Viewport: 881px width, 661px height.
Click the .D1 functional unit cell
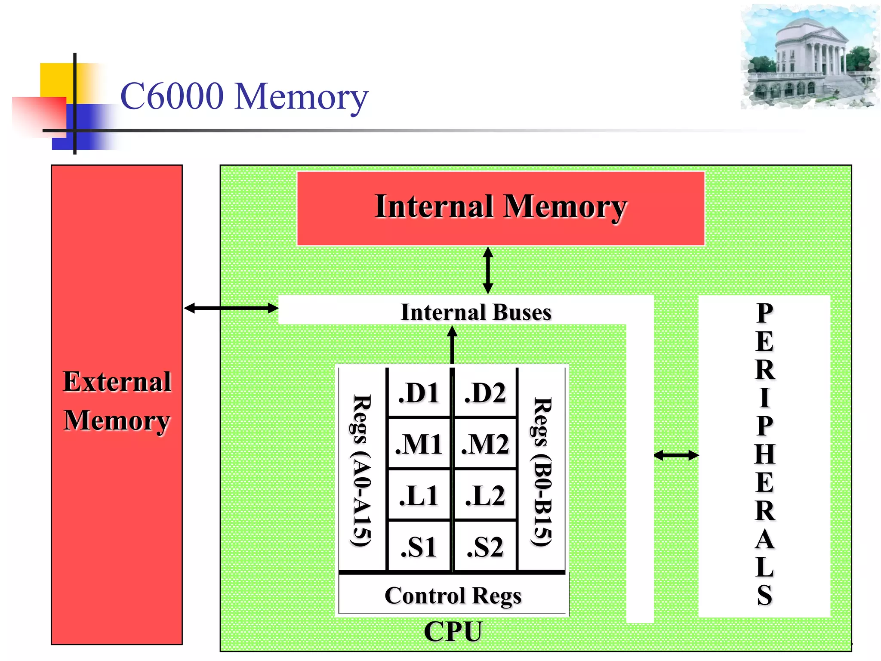pyautogui.click(x=419, y=392)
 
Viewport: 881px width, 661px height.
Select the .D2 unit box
pyautogui.click(x=485, y=392)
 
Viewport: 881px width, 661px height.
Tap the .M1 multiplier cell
pyautogui.click(x=419, y=444)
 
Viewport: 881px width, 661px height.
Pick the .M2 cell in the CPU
pyautogui.click(x=485, y=444)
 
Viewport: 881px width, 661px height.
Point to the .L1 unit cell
pyautogui.click(x=419, y=495)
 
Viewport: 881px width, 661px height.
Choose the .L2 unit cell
pyautogui.click(x=485, y=495)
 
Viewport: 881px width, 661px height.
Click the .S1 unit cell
pyautogui.click(x=419, y=547)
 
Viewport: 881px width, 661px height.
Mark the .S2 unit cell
pyautogui.click(x=485, y=547)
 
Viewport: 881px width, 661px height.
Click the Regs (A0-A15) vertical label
pyautogui.click(x=361, y=470)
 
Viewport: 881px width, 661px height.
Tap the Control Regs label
pyautogui.click(x=453, y=596)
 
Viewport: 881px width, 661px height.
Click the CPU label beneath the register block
pyautogui.click(x=453, y=631)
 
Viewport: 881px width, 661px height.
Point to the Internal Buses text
pyautogui.click(x=476, y=312)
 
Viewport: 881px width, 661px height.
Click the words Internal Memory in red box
pyautogui.click(x=500, y=207)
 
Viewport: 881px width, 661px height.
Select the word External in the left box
pyautogui.click(x=117, y=381)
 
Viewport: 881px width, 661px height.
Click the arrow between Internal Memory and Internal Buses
pyautogui.click(x=488, y=270)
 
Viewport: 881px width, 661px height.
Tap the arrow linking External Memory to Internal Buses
pyautogui.click(x=231, y=308)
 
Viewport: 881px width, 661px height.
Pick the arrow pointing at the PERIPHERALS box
pyautogui.click(x=676, y=455)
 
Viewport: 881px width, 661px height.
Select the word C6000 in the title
pyautogui.click(x=172, y=96)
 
